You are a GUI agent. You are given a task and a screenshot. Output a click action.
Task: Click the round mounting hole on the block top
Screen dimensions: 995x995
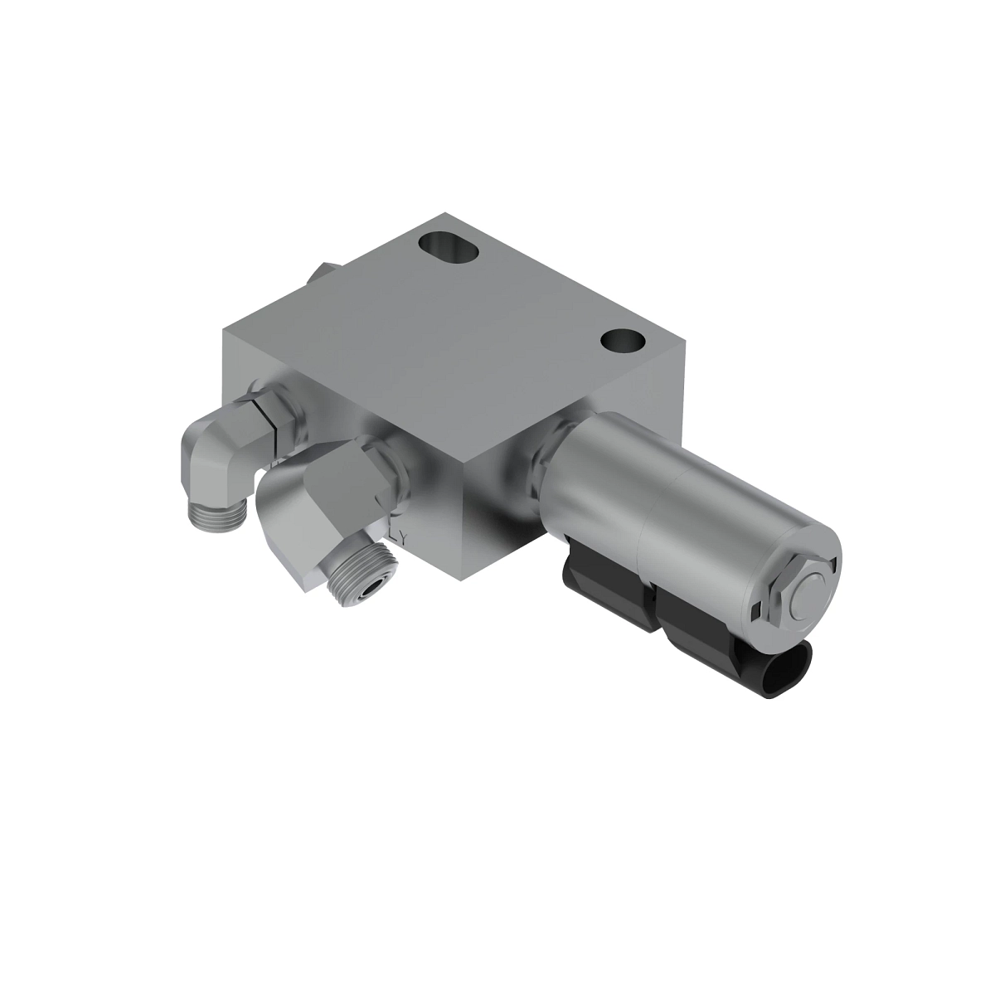[x=624, y=340]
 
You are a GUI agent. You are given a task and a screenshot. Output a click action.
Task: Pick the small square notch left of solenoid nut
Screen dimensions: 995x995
[x=755, y=614]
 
